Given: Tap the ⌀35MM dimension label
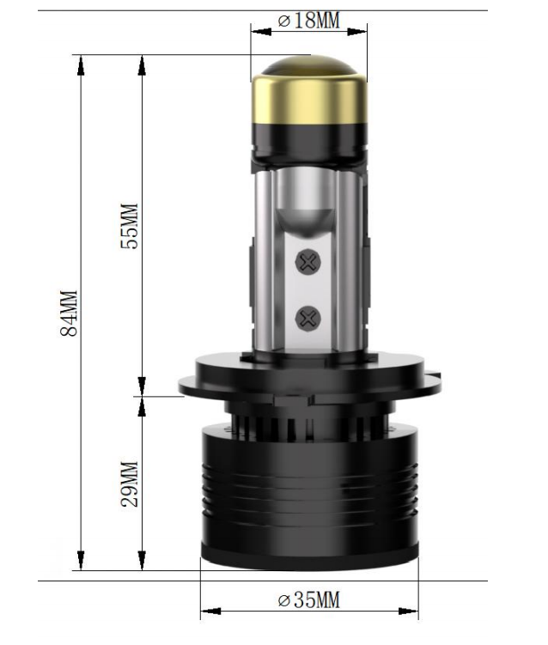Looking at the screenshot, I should [x=308, y=599].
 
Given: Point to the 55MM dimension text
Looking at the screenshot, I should [x=130, y=226].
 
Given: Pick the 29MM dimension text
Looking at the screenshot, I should [x=130, y=484].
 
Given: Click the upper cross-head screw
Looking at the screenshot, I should [x=307, y=262].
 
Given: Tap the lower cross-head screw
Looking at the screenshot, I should [x=307, y=319].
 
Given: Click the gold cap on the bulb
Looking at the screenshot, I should [x=309, y=96].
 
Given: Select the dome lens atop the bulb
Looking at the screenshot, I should [x=308, y=66].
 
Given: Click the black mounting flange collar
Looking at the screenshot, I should [x=308, y=378].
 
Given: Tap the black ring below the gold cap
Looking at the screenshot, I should [x=309, y=139].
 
